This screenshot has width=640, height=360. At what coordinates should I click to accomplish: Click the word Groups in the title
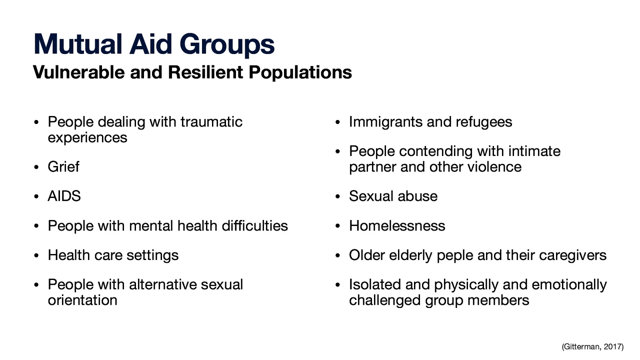tap(226, 45)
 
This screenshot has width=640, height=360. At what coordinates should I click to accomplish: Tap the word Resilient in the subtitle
tap(205, 72)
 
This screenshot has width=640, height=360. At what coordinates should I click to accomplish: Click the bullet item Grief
tap(63, 167)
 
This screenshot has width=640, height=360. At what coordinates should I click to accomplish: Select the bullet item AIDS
tap(64, 196)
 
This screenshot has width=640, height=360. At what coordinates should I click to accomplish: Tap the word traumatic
tap(211, 122)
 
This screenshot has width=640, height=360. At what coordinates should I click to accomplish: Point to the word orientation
tap(82, 300)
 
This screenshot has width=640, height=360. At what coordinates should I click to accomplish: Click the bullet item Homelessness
tap(397, 226)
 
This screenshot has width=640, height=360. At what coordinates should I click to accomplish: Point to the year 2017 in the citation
tap(613, 347)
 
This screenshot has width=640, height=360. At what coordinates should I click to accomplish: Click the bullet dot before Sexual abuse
tap(338, 197)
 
